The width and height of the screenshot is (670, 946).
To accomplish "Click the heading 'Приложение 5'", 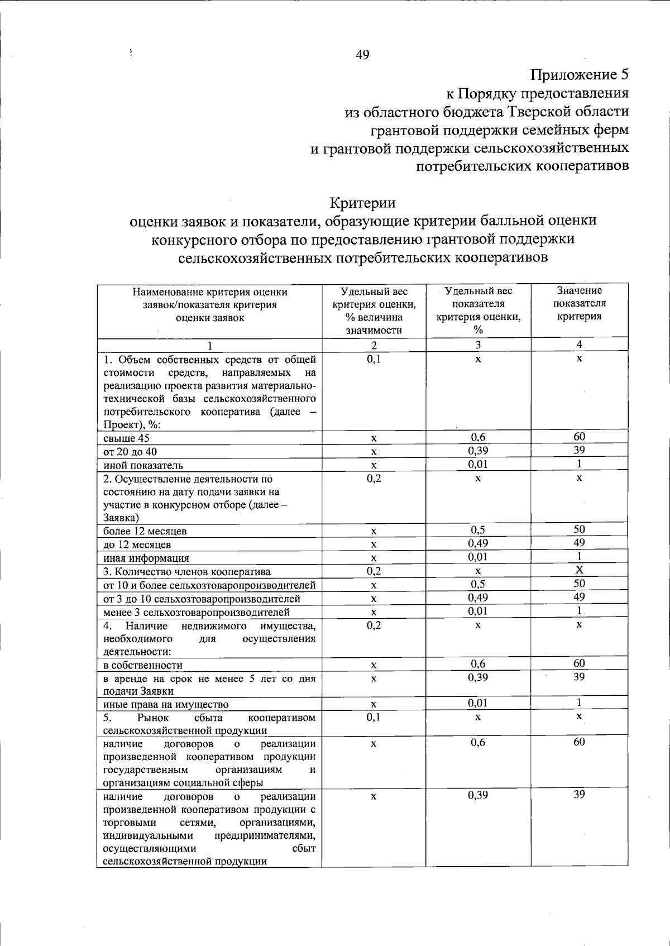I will (579, 74).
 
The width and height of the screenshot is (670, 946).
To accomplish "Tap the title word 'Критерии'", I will (362, 202).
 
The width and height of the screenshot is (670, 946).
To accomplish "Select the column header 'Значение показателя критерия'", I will (579, 303).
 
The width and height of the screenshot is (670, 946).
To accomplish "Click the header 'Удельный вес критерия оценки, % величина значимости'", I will (374, 310).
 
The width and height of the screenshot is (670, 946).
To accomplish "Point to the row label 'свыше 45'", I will (126, 438).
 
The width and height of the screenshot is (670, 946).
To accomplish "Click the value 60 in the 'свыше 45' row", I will (579, 437).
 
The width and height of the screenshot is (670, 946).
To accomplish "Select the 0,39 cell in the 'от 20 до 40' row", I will (478, 451).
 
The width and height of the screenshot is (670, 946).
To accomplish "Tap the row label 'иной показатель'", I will (143, 465).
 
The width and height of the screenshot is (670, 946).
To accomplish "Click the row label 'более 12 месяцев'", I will (145, 531).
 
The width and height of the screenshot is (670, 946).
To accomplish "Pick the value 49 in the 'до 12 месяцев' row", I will (579, 543).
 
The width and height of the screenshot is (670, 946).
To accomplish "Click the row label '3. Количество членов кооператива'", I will (187, 572).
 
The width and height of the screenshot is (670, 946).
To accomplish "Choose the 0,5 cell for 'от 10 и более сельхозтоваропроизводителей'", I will (478, 584).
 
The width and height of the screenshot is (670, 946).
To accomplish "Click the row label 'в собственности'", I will (143, 665).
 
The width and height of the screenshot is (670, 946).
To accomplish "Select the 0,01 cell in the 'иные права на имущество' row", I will (478, 703).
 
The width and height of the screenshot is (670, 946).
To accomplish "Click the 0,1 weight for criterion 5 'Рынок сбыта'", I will (374, 717).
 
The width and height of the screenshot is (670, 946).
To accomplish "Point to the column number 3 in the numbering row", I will (478, 345).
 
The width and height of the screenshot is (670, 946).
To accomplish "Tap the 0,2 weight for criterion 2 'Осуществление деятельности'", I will (374, 479).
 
